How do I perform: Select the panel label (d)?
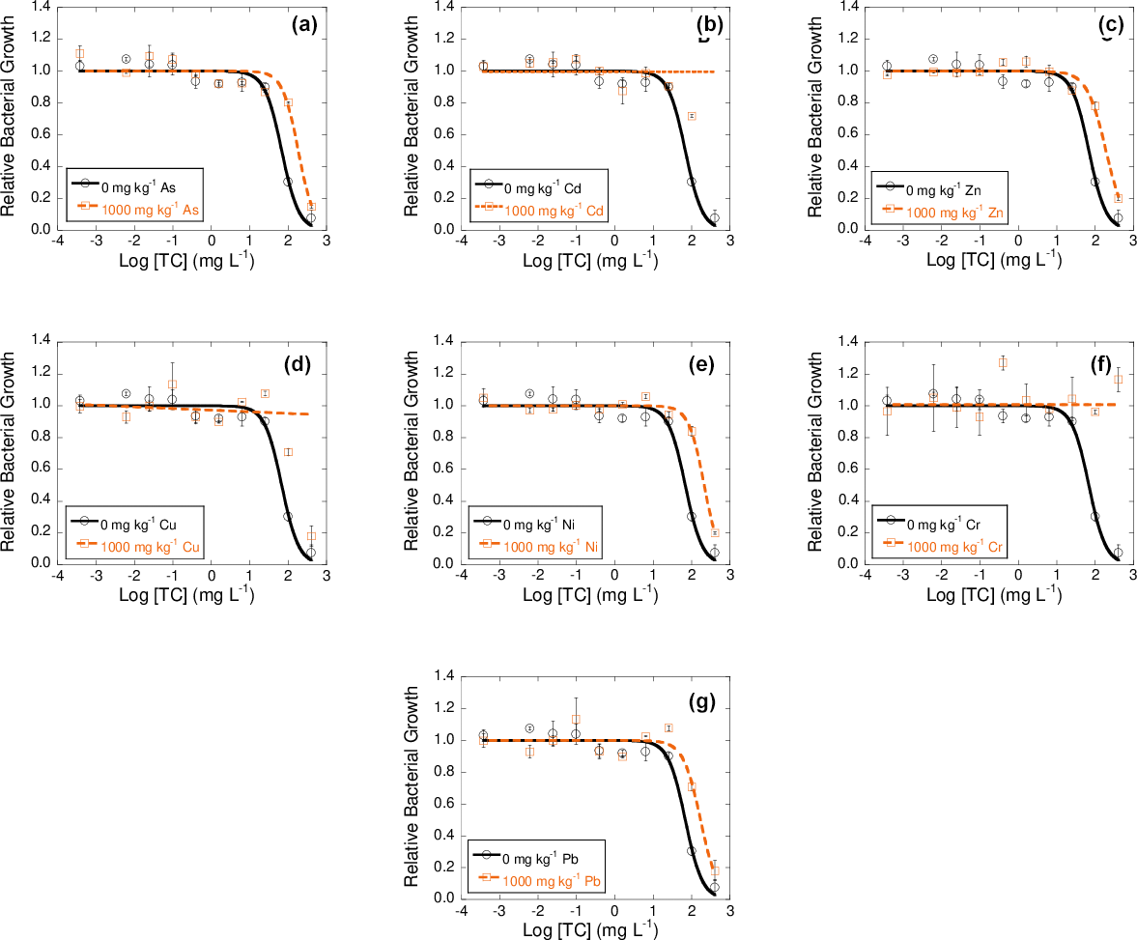pos(305,364)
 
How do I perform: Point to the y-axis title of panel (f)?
pos(816,451)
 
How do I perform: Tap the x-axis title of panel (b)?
pos(590,260)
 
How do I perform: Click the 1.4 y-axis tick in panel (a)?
pos(41,8)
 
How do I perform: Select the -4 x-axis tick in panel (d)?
pos(57,578)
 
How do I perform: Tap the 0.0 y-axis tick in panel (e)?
pos(444,563)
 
